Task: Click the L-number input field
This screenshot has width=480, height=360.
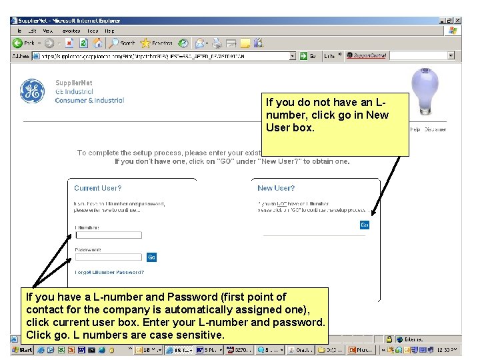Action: [x=109, y=235]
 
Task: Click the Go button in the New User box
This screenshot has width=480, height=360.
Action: [x=364, y=225]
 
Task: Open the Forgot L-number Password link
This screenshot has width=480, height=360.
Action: [x=109, y=272]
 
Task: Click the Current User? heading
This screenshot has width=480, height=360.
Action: [x=97, y=189]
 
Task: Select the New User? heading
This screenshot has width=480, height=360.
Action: [x=276, y=189]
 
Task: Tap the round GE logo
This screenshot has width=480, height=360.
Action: [x=32, y=91]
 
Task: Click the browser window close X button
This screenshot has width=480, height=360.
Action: [x=458, y=21]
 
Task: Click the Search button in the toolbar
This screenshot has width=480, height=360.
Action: [x=123, y=43]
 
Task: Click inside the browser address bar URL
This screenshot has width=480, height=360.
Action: [x=167, y=56]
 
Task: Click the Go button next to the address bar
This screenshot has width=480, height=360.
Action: [x=308, y=56]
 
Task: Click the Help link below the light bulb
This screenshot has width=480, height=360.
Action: [x=415, y=129]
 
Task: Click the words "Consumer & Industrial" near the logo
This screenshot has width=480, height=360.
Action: [x=89, y=101]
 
